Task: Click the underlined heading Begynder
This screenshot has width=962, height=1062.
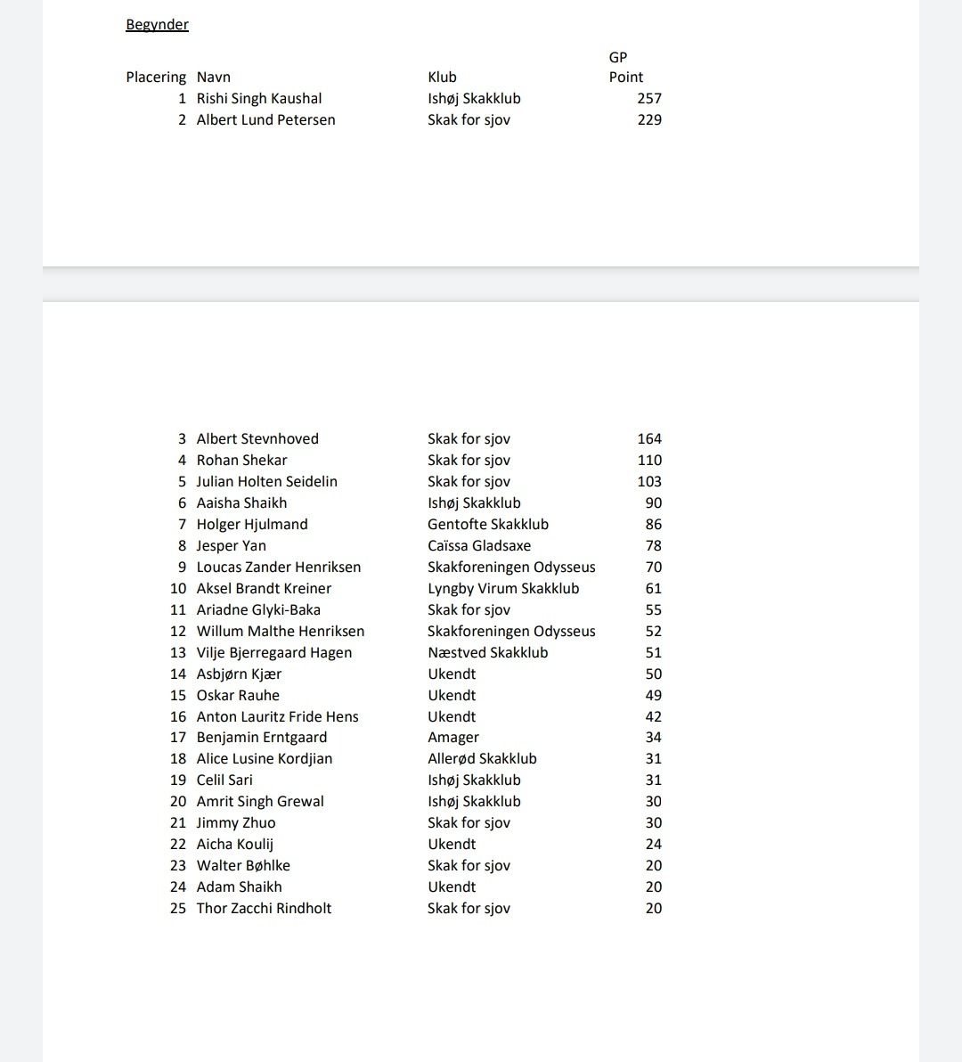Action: [157, 25]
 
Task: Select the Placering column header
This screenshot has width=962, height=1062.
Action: [156, 78]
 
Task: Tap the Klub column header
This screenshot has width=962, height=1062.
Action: [442, 78]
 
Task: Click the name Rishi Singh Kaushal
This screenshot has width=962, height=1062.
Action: [258, 99]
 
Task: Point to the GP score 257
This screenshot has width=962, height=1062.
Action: [649, 99]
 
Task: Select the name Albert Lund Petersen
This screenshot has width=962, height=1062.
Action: [265, 120]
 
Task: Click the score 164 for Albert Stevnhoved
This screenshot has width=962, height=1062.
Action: [649, 439]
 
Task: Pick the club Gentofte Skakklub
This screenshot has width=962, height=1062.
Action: [487, 525]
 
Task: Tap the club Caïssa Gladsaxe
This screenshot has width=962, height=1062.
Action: [478, 546]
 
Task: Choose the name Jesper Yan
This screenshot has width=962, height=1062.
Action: [231, 546]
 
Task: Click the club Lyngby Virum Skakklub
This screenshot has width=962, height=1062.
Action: [503, 589]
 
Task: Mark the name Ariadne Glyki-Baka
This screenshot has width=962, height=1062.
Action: [258, 610]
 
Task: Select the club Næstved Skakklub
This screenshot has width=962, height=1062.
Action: [487, 653]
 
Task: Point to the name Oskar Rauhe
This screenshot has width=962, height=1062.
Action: [238, 696]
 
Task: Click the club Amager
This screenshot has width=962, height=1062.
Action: [452, 738]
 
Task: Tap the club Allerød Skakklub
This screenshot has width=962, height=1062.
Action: [482, 759]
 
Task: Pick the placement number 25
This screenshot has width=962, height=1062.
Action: [178, 909]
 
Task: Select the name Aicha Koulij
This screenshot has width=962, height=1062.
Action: [234, 845]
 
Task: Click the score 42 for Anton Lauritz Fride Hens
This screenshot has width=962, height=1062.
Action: [653, 717]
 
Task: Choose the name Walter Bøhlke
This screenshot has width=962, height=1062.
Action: [243, 866]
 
